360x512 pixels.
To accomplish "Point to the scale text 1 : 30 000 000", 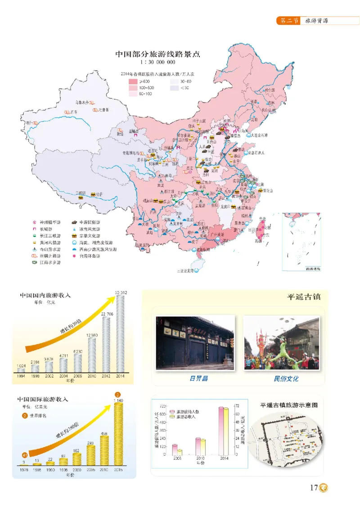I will coord(157,63).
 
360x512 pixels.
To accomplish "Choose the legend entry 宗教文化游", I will coord(90,235).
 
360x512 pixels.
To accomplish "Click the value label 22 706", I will coord(106,314).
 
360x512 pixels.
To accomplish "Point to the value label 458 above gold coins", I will coord(104,434).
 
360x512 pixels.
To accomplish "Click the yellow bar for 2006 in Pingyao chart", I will coord(179,452).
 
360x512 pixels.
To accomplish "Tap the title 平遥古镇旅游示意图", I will coord(289,405).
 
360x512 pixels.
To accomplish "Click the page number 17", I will coord(314,487).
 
